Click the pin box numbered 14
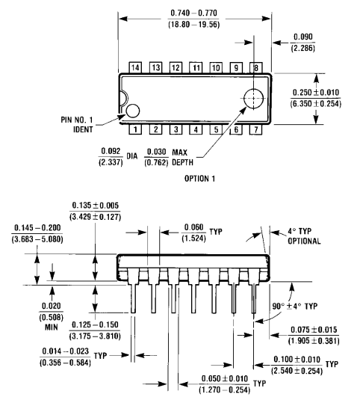tap(135, 67)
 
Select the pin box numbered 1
tap(135, 129)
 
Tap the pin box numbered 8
tap(255, 67)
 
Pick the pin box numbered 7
tap(255, 129)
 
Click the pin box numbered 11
tap(196, 67)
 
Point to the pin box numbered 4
tap(196, 129)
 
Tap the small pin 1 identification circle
tap(132, 111)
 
